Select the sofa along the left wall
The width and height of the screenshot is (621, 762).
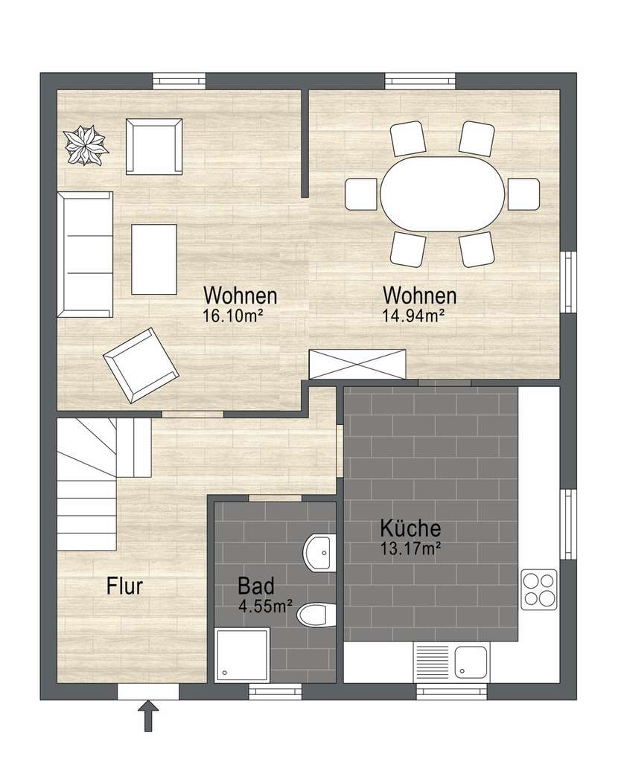(86, 253)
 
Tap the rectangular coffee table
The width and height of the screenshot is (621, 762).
(154, 259)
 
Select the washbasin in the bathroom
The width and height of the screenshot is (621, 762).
(320, 552)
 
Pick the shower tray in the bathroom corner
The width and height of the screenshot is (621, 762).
(242, 654)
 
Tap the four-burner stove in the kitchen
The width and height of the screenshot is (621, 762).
(538, 589)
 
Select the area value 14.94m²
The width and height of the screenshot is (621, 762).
(413, 316)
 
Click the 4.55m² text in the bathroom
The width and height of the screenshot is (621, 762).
(265, 606)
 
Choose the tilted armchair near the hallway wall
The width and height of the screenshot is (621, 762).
(140, 365)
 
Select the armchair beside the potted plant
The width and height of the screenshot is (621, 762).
(154, 146)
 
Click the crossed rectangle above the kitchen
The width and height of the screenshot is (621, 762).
(358, 364)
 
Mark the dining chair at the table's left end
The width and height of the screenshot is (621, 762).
(361, 194)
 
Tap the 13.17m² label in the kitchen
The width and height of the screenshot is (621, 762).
(412, 550)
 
